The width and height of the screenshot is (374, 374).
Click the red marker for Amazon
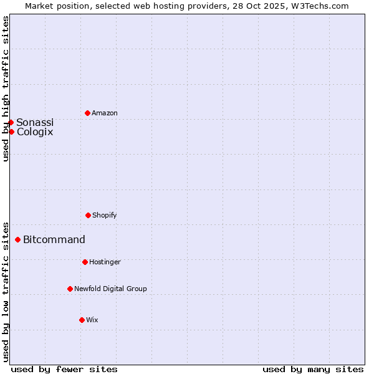tap(87, 113)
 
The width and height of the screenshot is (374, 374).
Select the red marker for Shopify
tap(88, 215)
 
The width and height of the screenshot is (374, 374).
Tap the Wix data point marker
tap(82, 320)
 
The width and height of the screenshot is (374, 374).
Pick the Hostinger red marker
tap(85, 262)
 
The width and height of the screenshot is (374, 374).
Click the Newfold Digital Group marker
tap(70, 289)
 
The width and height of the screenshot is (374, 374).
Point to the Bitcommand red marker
tap(17, 239)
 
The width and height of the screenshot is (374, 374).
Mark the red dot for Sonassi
tap(11, 122)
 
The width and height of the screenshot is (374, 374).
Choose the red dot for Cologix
tap(11, 132)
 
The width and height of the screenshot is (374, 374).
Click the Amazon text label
tap(105, 113)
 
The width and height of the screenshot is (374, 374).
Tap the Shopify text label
tap(105, 215)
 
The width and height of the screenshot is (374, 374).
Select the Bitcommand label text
tap(54, 239)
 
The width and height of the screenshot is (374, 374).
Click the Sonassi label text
tap(35, 122)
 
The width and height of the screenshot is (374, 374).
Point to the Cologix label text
tap(35, 132)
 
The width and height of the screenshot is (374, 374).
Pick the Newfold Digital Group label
tap(110, 289)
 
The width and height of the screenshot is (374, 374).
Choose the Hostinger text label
tap(105, 262)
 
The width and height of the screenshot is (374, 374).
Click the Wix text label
tap(92, 320)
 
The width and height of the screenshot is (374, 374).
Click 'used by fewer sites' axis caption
tap(64, 369)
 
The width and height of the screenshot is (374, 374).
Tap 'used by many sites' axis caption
tap(313, 369)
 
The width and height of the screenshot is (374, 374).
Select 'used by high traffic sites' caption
tap(6, 89)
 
